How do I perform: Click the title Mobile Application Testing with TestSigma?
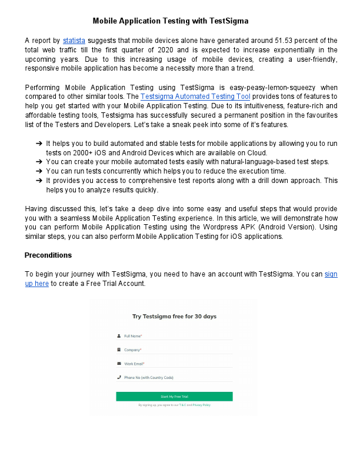click(171, 21)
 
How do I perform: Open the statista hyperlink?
click(74, 40)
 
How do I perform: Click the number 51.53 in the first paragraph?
click(284, 40)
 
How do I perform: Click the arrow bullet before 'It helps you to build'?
click(38, 144)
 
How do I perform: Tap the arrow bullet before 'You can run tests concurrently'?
click(38, 171)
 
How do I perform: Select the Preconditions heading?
click(48, 255)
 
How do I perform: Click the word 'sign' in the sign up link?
click(331, 274)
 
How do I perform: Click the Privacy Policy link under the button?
click(201, 405)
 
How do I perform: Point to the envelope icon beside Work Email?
click(119, 364)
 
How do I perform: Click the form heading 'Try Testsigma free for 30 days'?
click(174, 316)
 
